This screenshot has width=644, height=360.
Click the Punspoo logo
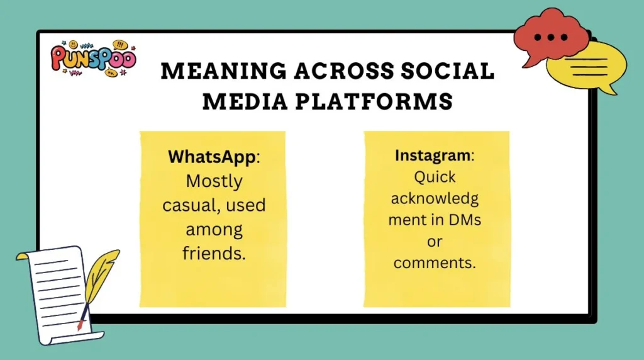[92, 58]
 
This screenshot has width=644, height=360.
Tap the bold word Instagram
[432, 155]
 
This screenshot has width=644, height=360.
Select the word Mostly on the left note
[214, 181]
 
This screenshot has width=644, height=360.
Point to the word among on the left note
[214, 229]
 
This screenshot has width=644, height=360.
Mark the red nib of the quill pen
[80, 325]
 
